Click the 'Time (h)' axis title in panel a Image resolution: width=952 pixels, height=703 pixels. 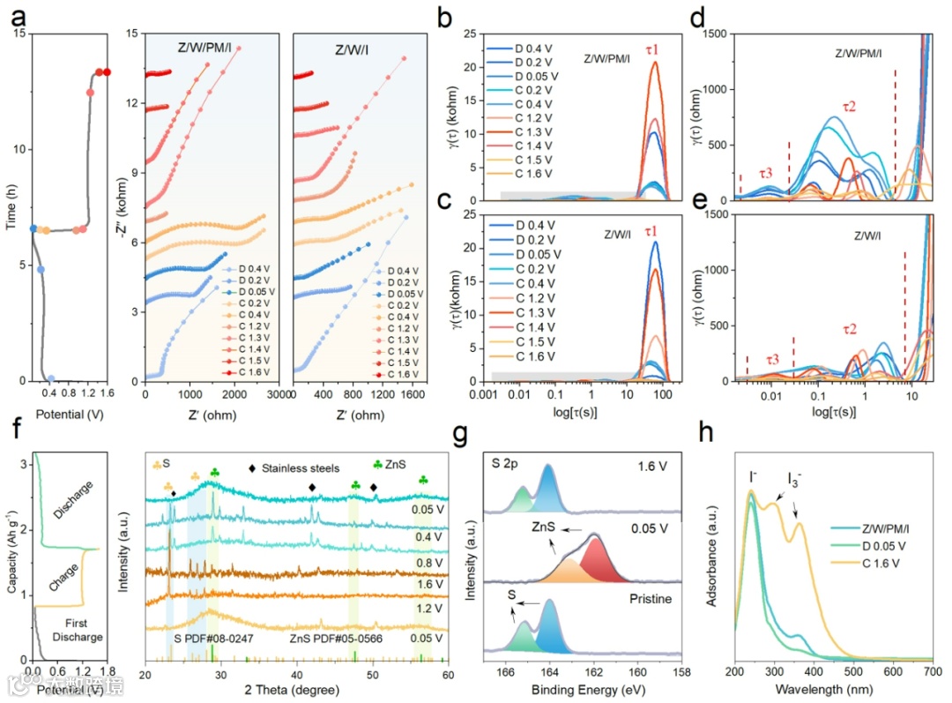point(10,209)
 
